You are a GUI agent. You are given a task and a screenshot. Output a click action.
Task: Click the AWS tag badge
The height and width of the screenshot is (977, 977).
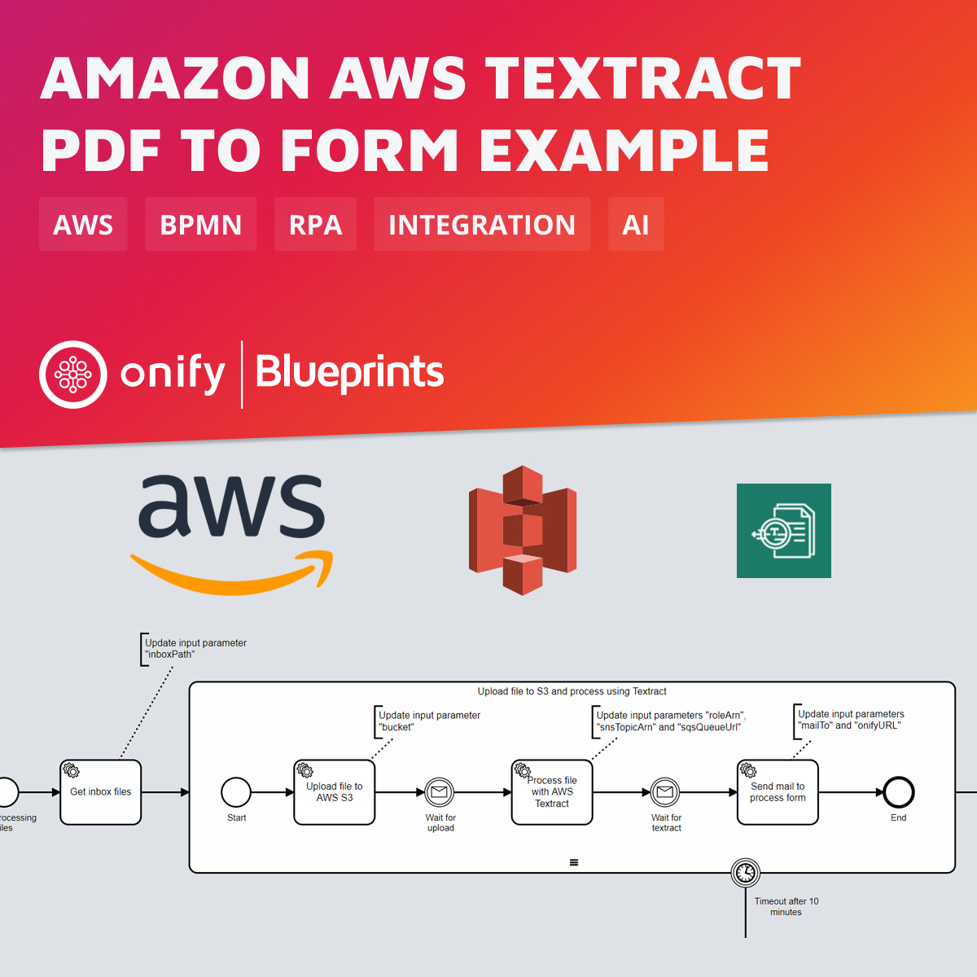click(83, 224)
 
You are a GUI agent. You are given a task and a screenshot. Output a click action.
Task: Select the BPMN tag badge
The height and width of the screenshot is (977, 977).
click(200, 224)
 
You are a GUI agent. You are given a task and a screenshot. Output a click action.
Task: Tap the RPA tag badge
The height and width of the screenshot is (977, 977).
click(315, 224)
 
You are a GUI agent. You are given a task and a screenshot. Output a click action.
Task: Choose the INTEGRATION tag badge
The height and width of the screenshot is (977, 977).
click(482, 224)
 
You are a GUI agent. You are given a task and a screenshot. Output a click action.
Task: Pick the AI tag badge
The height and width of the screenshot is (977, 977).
click(636, 224)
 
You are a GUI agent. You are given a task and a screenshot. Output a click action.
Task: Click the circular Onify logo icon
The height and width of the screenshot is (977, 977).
click(73, 375)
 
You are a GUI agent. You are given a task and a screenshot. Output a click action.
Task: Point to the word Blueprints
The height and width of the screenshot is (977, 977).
click(349, 373)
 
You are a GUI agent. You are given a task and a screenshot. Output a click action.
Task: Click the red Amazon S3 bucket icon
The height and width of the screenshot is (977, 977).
click(523, 530)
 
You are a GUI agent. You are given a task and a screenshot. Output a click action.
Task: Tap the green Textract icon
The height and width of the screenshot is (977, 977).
click(783, 531)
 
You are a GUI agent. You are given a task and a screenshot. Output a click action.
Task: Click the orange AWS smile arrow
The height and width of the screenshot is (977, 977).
click(232, 573)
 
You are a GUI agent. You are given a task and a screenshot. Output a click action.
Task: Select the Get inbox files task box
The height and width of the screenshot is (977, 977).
click(101, 792)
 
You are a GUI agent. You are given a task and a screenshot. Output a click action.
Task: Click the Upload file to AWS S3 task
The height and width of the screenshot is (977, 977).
click(335, 792)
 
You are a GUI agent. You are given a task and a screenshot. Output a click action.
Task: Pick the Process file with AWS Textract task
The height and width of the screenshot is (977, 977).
click(552, 792)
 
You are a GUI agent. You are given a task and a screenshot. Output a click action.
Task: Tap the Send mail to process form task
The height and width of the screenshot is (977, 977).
click(778, 792)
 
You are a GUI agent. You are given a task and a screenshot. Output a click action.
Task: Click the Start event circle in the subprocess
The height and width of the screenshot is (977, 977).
click(236, 791)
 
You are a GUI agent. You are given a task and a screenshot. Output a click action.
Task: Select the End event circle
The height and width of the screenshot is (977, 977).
click(899, 791)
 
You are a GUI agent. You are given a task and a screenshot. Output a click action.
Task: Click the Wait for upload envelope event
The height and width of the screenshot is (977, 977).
click(440, 791)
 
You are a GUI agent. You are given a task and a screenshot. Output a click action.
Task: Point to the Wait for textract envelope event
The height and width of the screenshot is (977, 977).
click(665, 791)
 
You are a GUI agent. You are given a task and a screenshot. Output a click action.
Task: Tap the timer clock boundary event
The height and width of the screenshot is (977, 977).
click(746, 873)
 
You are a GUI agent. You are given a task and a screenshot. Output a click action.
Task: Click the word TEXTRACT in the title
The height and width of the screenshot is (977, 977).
click(644, 79)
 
